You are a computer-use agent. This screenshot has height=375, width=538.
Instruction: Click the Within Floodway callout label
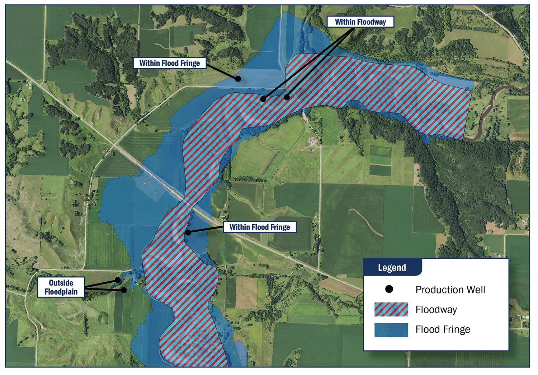[360, 22]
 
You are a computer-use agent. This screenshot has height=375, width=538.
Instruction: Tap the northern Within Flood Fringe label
[170, 63]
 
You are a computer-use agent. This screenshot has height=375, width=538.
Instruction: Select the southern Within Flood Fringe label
[260, 227]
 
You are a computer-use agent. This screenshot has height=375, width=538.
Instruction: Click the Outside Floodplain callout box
[61, 287]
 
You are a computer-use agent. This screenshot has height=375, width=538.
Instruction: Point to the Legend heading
[392, 268]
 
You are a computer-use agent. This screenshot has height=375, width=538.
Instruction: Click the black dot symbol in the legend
[389, 289]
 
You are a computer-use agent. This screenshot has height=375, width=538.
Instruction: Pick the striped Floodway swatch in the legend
[391, 309]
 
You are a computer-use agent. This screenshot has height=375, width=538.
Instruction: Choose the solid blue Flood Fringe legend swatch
[391, 330]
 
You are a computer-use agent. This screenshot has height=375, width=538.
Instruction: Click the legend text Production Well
[450, 290]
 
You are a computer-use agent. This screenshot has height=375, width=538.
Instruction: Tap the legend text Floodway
[436, 310]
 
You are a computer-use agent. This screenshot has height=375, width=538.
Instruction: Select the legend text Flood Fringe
[443, 329]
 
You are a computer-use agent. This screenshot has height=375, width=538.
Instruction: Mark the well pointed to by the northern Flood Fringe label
[237, 79]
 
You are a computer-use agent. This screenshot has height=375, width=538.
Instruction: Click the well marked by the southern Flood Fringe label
[188, 233]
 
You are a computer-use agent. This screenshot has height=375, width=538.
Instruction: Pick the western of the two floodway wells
[263, 99]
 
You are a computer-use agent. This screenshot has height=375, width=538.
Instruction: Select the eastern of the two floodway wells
[287, 97]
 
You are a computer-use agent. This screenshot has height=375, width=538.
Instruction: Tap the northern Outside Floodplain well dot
[118, 280]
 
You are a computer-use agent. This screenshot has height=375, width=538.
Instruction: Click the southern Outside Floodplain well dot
[124, 290]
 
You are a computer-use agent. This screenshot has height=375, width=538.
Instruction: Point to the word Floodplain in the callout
[61, 292]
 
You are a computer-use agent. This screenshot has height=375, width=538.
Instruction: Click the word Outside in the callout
[61, 283]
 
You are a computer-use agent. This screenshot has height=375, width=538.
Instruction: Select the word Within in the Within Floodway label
[345, 22]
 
